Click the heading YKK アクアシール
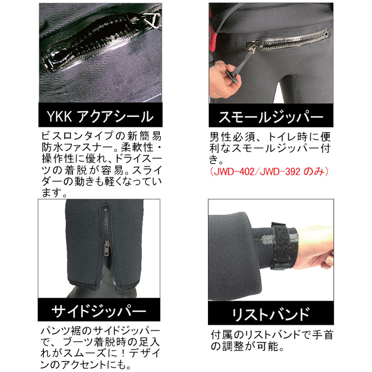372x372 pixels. click(x=100, y=116)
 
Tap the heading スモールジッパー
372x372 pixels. click(x=271, y=116)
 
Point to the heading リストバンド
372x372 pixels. click(x=271, y=314)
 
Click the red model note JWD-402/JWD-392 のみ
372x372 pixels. click(x=269, y=171)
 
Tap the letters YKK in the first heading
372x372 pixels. click(x=59, y=116)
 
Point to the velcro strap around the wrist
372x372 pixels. click(x=282, y=246)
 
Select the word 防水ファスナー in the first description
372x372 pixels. click(x=78, y=148)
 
